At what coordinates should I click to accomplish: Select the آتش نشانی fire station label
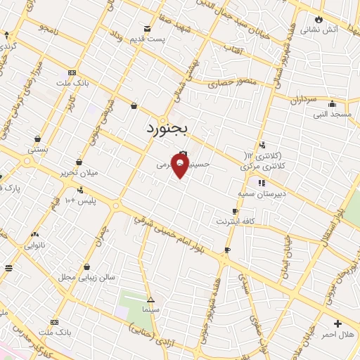point(319,30)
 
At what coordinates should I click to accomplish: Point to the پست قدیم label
point(153,39)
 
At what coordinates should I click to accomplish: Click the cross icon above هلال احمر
point(338,324)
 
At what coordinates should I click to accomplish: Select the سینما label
point(152,309)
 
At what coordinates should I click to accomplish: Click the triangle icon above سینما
point(150,299)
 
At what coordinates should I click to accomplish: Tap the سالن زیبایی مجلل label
point(86,278)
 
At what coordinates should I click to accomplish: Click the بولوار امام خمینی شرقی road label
point(172,239)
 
